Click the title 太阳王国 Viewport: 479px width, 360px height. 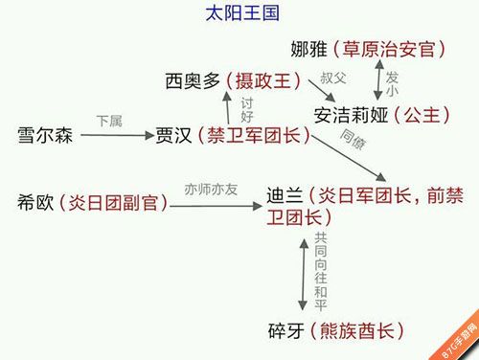click(242, 13)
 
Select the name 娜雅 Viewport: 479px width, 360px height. click(309, 49)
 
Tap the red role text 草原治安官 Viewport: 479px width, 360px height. click(389, 49)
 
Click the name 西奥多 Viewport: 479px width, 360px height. click(193, 80)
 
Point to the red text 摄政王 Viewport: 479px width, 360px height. click(263, 80)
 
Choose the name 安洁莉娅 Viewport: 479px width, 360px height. click(351, 115)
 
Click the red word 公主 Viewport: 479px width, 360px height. click(422, 115)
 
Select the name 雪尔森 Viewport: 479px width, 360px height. click(45, 135)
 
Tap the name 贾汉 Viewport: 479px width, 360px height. click(173, 135)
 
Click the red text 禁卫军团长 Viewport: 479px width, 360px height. click(254, 135)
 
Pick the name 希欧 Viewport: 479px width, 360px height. click(35, 202)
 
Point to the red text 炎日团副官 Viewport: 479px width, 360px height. click(113, 202)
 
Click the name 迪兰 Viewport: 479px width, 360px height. click(285, 195)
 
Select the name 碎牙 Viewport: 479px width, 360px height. click(286, 330)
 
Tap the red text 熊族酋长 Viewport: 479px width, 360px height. click(357, 330)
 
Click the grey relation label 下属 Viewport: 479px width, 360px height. click(109, 122)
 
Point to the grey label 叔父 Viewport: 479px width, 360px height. click(333, 78)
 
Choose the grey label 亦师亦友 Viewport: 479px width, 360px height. click(211, 190)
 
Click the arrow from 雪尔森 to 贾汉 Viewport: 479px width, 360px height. click(118, 135)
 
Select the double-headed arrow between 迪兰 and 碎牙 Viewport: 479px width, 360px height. click(303, 275)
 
